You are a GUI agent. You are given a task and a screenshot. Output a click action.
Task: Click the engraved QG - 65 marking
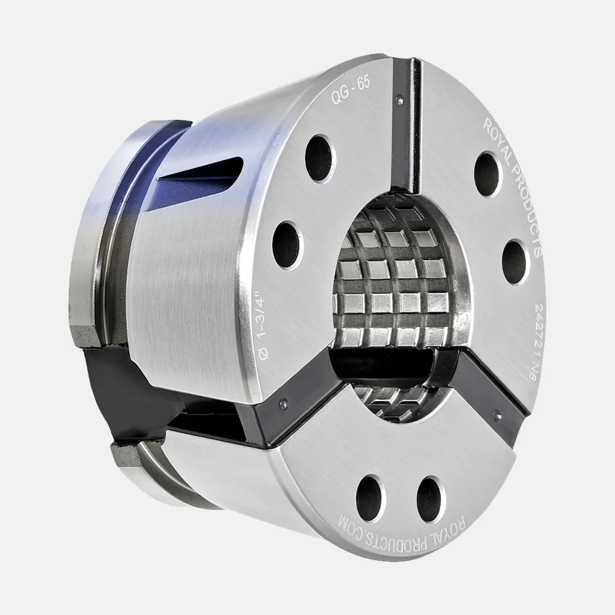point(351,90)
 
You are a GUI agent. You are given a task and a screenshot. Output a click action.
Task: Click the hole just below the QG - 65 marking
point(321,159)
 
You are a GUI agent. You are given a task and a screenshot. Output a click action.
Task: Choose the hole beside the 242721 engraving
point(516,262)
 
